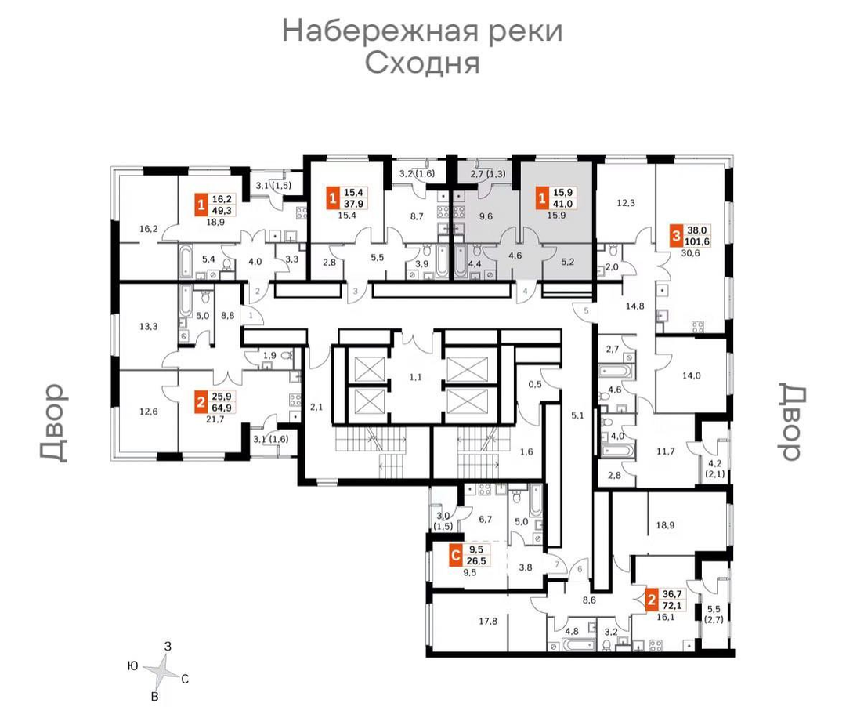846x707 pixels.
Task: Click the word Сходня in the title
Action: (422, 63)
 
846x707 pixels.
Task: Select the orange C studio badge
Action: (456, 556)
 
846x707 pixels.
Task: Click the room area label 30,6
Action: (690, 252)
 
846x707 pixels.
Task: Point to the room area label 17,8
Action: (488, 622)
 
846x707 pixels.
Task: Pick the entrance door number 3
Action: (356, 292)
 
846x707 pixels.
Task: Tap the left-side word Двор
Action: (53, 422)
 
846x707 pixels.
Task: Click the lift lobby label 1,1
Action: (415, 377)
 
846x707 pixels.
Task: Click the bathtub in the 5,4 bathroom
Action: (185, 262)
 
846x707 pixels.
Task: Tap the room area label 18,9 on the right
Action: (665, 524)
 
